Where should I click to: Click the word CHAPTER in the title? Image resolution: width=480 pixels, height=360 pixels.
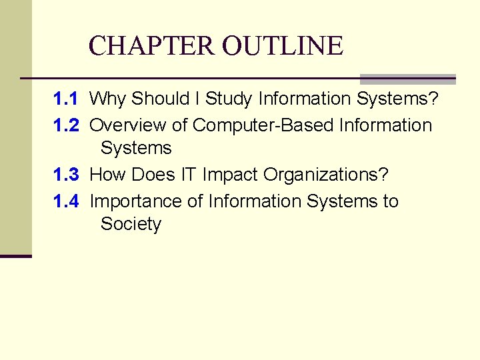tap(153, 46)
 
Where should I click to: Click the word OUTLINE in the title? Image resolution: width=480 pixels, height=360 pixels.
tap(283, 46)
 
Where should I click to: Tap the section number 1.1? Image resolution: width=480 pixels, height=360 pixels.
tap(66, 99)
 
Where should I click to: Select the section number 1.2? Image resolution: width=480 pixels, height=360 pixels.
tap(66, 125)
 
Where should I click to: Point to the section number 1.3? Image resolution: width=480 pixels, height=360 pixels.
tap(66, 175)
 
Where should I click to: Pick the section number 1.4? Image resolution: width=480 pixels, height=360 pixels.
tap(66, 201)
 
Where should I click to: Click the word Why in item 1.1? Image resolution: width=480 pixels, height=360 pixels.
tap(107, 99)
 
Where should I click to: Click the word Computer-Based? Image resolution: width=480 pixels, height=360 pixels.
tap(263, 125)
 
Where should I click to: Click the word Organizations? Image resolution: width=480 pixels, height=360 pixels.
tap(326, 175)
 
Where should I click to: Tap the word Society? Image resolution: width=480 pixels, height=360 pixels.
tap(131, 225)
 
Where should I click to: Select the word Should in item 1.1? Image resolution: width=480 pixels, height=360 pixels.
tap(161, 99)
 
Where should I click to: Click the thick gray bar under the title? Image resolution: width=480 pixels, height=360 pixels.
tap(407, 79)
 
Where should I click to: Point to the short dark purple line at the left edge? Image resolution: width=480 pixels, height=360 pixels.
tap(15, 256)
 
